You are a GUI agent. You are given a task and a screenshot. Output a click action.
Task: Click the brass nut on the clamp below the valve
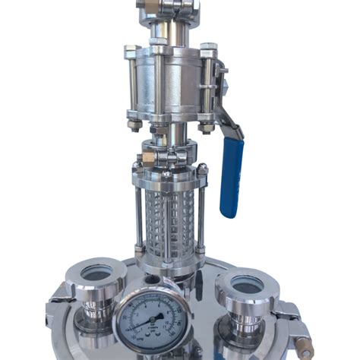pos(150,156)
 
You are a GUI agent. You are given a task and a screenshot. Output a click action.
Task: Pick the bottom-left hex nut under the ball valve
pos(134,125)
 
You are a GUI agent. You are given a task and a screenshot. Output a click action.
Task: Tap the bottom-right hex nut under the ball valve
pos(206,126)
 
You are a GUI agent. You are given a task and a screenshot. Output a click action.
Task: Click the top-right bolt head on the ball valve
pos(207,49)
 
